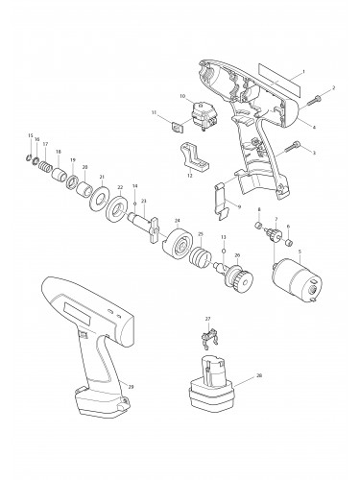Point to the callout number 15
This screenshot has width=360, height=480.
coord(31,136)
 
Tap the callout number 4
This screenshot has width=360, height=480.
coord(314,127)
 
